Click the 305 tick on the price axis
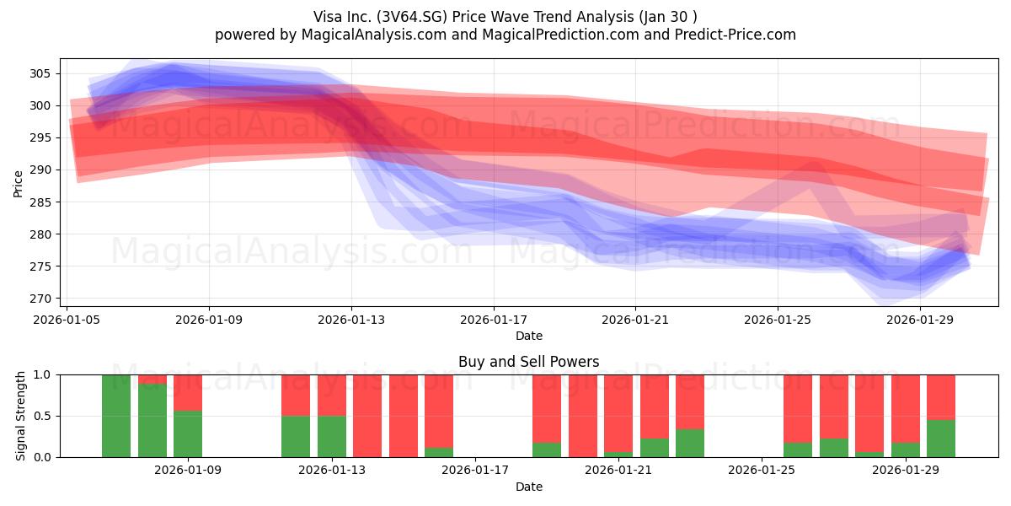[40, 73]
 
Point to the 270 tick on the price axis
[40, 299]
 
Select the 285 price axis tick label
[40, 202]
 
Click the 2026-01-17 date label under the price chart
[494, 320]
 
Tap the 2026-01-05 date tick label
[67, 320]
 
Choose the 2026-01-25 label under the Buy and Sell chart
[762, 470]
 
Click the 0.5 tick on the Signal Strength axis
[42, 416]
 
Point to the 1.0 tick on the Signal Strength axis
[42, 375]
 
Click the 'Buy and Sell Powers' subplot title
[528, 362]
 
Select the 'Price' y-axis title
[18, 185]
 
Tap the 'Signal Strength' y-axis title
[20, 416]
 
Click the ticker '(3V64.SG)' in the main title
[412, 17]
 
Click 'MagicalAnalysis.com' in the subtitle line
[374, 35]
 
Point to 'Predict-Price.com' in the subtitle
[736, 35]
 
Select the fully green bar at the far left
[116, 416]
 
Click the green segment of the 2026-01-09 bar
[188, 434]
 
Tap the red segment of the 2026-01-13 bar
[332, 396]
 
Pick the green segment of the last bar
[941, 439]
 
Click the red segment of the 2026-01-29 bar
[906, 409]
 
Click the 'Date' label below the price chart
[529, 336]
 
